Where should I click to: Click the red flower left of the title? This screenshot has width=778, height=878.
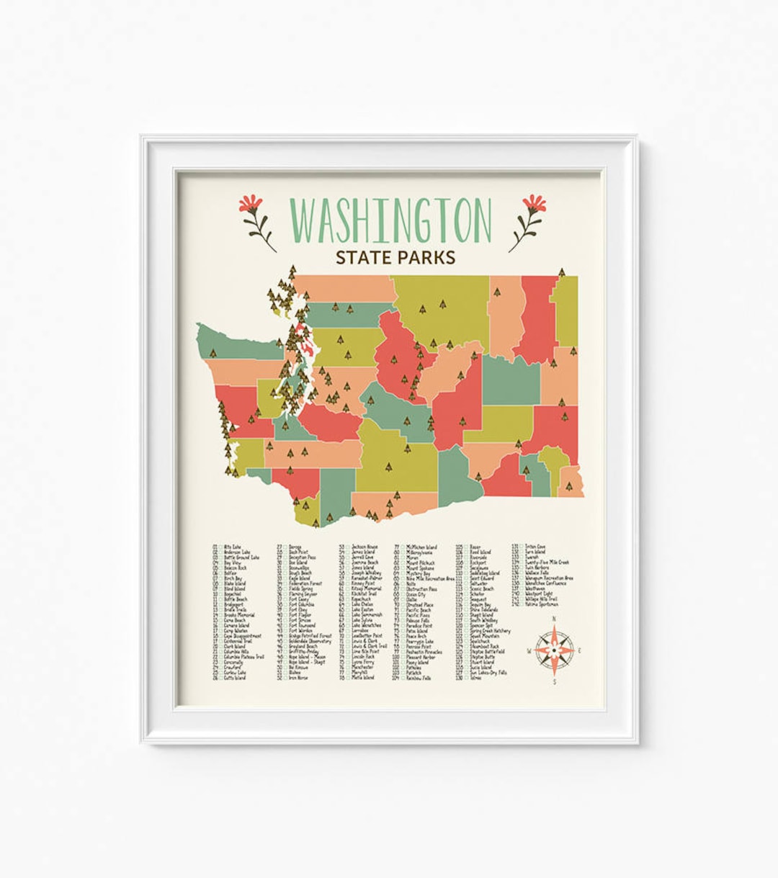(251, 204)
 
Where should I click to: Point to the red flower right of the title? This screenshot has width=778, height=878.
(534, 204)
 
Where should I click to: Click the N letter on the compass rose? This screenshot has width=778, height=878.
(554, 619)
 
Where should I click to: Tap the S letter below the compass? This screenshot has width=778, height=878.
(554, 681)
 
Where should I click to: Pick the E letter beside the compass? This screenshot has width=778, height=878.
(580, 651)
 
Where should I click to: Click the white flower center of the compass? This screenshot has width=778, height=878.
(554, 650)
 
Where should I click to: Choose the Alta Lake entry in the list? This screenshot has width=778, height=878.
(232, 547)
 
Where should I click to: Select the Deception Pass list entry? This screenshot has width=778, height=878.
(303, 557)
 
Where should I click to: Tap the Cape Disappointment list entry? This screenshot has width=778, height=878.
(242, 636)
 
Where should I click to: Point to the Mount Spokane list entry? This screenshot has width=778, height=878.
(421, 568)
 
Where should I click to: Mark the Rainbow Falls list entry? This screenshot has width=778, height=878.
(419, 678)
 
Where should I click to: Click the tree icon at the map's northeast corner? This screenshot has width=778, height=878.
(561, 272)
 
